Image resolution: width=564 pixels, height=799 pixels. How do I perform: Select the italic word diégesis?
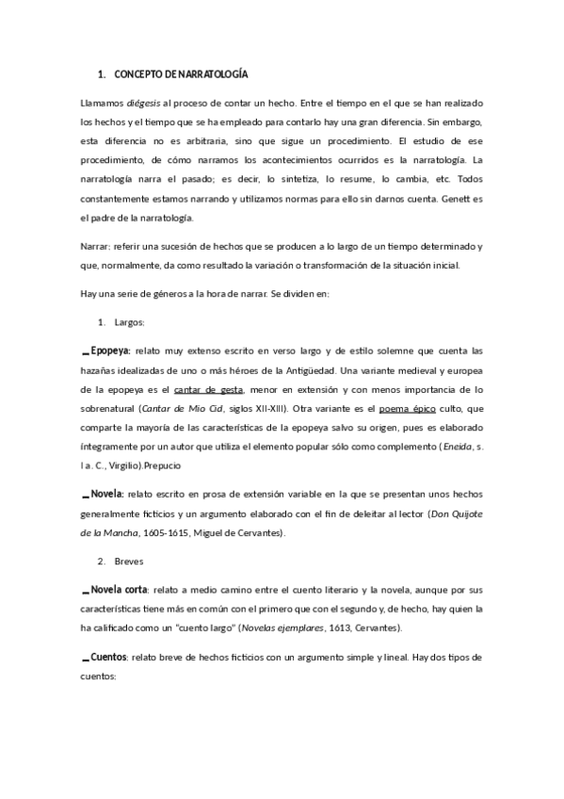144,102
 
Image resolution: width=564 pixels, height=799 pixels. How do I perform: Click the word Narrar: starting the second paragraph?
97,246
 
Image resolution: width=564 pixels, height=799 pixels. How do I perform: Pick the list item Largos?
130,322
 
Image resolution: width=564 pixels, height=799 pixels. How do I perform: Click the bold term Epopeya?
110,349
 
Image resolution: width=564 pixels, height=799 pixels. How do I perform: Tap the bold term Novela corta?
119,589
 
